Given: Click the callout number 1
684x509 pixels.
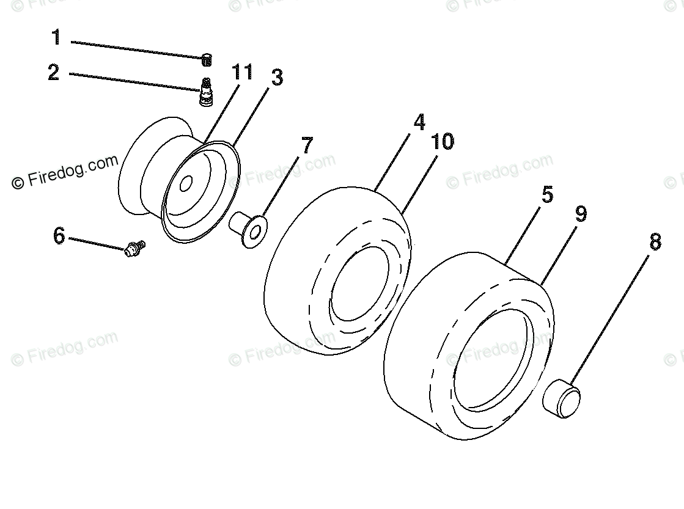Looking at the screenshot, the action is point(56,38).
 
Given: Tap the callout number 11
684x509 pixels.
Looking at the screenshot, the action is point(241,73).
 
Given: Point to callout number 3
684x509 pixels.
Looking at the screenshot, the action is point(277,78).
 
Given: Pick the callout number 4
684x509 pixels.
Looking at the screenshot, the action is point(419,122).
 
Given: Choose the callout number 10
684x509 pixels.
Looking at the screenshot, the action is point(443,142).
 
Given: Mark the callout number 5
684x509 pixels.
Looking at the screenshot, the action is point(547,195).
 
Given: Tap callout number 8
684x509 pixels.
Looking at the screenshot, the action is point(655,242).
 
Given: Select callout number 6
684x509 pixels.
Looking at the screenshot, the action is point(59,235).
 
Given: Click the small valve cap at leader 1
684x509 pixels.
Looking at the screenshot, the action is point(207,59).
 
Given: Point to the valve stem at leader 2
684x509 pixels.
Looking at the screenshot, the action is point(207,92).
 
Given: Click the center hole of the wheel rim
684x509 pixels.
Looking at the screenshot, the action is point(187,183).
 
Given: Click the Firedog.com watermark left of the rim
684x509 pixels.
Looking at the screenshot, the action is point(64,171).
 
